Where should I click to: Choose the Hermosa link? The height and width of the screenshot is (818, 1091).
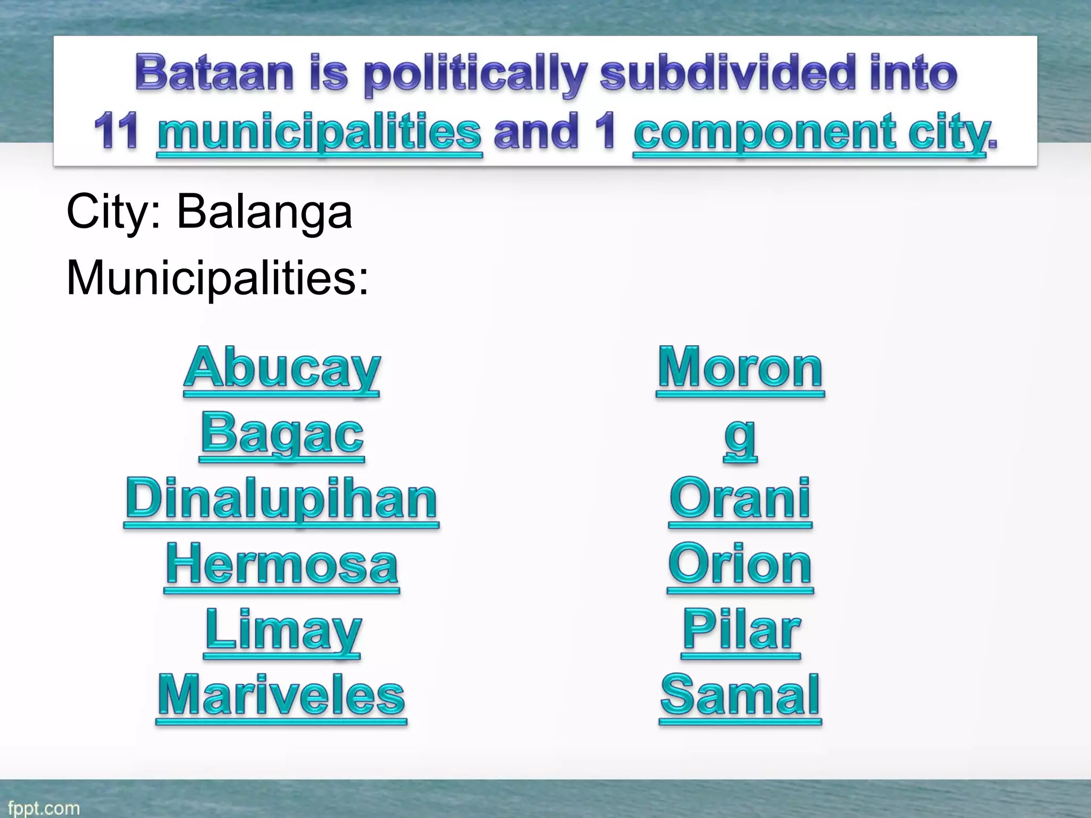coord(282,565)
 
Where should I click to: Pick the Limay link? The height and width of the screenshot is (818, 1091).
coord(283,631)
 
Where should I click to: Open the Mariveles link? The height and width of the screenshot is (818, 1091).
coord(282,696)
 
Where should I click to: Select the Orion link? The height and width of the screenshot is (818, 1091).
coord(740,565)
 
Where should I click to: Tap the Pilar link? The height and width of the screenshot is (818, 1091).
coord(741,631)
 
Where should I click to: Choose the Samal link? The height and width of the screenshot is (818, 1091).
coord(740,696)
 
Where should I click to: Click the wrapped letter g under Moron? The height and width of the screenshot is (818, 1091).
coord(740,436)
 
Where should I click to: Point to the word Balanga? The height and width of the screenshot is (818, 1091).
coord(264,212)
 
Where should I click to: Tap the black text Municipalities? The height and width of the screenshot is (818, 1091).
coord(217,279)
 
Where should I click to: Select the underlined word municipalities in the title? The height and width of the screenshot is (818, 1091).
coord(320,133)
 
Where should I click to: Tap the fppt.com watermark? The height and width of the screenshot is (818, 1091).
coord(44,808)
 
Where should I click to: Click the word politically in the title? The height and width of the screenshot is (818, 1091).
coord(475,75)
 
